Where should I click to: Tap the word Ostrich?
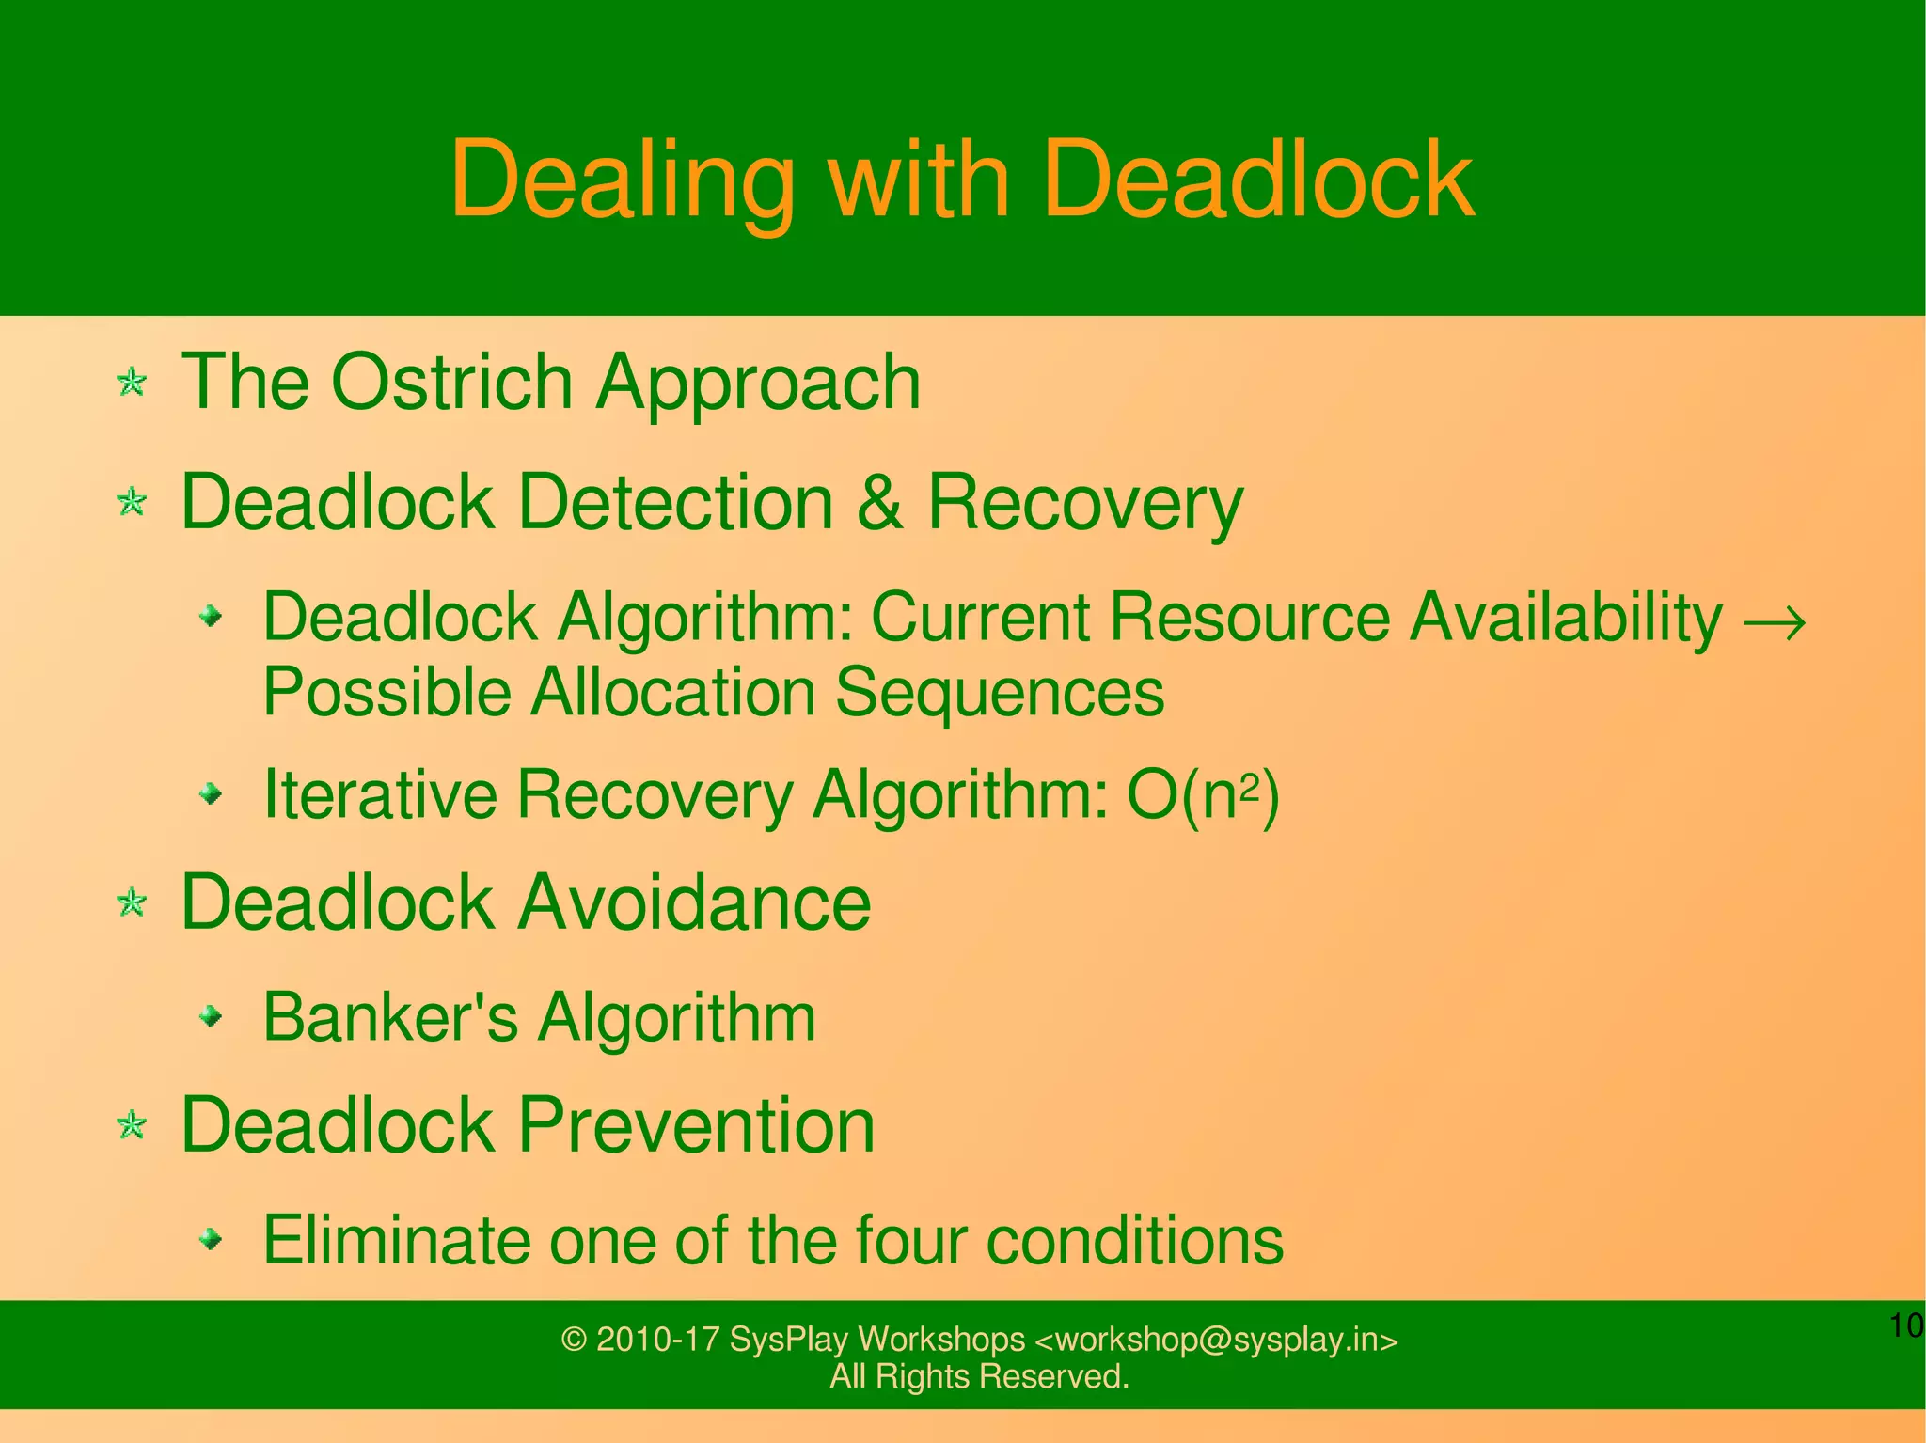coord(451,382)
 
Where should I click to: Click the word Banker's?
coord(389,1017)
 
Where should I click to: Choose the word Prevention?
coord(696,1125)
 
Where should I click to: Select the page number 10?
coord(1905,1325)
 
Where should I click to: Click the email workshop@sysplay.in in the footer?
coord(1217,1339)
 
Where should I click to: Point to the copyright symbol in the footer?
coord(574,1340)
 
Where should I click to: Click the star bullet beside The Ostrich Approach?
coord(132,383)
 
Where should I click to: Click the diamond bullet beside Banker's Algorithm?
coord(213,1015)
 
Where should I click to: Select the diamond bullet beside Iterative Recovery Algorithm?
coord(213,795)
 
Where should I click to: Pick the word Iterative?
coord(380,795)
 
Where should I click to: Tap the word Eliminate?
coord(397,1240)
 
